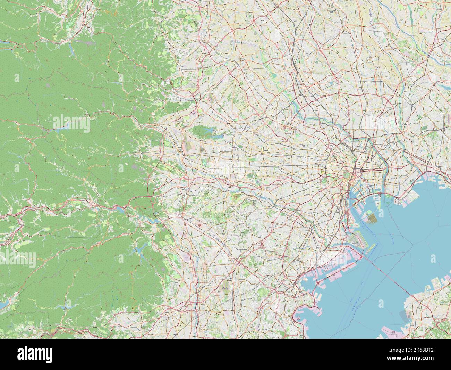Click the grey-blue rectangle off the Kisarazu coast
(x=404, y=316)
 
